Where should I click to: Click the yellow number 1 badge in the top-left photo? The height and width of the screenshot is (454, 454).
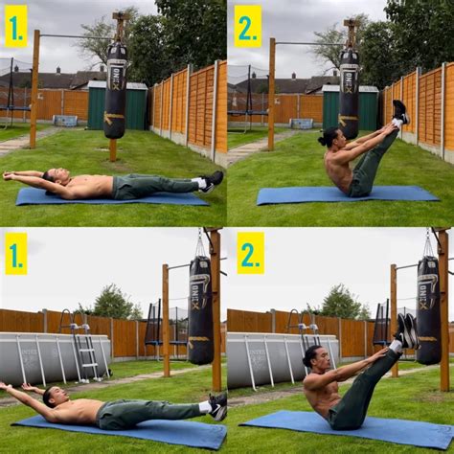point(15,26)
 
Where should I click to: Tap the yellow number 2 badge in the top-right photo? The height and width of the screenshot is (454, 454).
point(247,26)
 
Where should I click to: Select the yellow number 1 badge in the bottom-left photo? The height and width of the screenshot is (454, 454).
point(15,253)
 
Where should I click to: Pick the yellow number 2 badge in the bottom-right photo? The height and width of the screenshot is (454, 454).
point(250,253)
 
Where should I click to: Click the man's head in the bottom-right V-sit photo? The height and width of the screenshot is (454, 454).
point(313,360)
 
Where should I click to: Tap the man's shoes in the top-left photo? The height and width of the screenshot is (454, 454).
point(212,180)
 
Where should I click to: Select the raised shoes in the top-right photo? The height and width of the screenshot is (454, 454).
point(399,112)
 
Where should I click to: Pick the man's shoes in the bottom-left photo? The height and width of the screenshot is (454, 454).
point(218,406)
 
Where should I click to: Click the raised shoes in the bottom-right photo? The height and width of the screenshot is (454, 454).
point(407,330)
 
